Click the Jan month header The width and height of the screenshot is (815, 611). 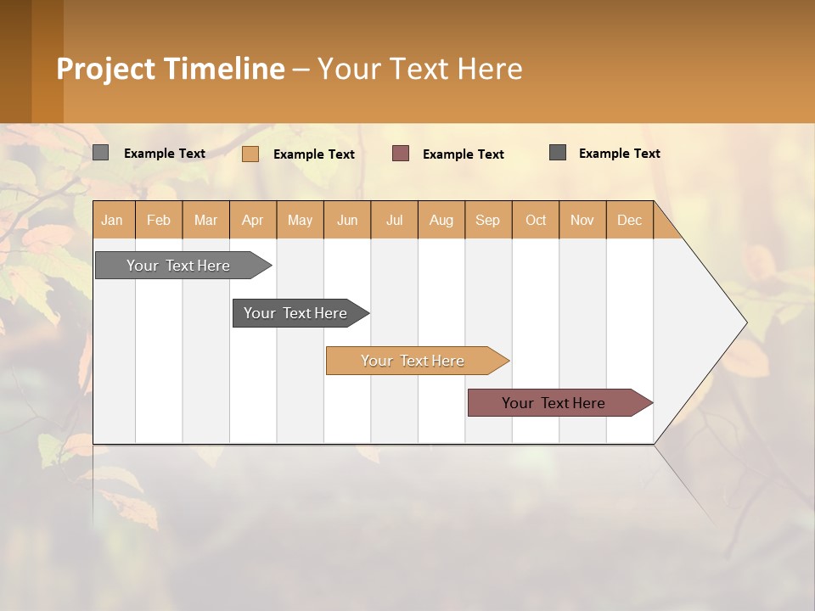tap(112, 221)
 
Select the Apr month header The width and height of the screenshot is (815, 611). tap(252, 221)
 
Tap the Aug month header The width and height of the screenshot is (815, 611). tap(441, 221)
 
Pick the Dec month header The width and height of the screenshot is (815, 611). tap(629, 221)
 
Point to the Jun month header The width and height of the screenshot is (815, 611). tap(347, 221)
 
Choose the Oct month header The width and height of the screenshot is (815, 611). tap(536, 221)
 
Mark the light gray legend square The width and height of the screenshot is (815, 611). tap(100, 153)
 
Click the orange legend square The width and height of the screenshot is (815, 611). tap(250, 154)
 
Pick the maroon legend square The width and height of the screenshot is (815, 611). tap(401, 154)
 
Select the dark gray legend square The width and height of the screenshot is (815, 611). tap(557, 153)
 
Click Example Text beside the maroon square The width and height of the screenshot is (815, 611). tap(463, 154)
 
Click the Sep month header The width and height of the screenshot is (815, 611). tap(487, 221)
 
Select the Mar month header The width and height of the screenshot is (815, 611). tap(205, 221)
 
